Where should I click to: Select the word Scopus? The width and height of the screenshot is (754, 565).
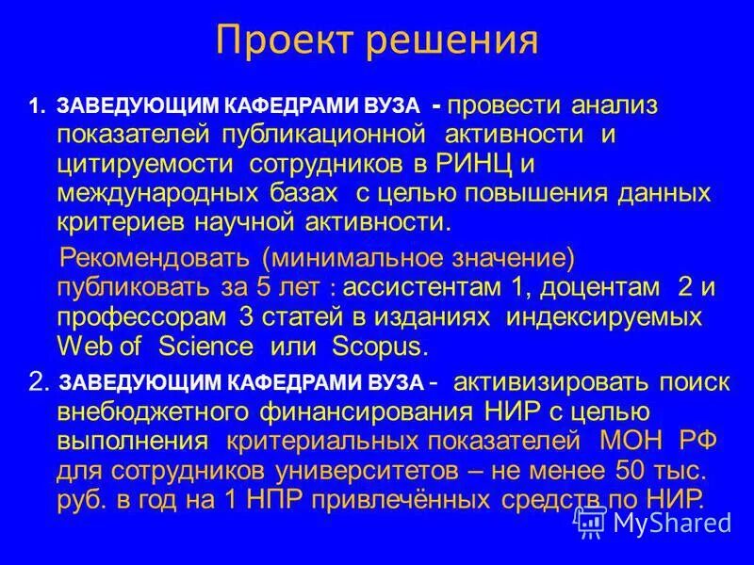[x=380, y=346]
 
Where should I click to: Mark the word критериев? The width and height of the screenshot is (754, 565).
[x=122, y=222]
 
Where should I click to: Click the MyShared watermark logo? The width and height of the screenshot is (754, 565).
[x=650, y=520]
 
